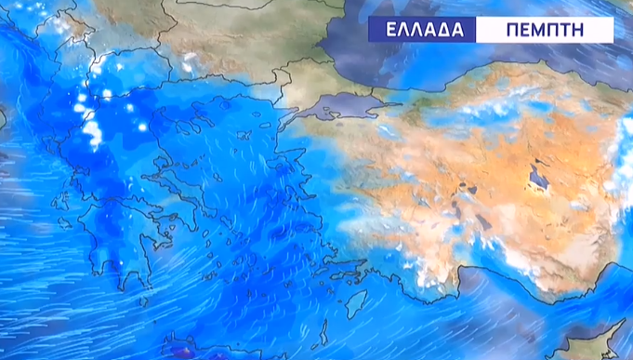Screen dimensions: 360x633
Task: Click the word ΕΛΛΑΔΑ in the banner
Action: [421, 29]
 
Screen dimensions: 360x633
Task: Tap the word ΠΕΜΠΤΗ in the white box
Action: [545, 29]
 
